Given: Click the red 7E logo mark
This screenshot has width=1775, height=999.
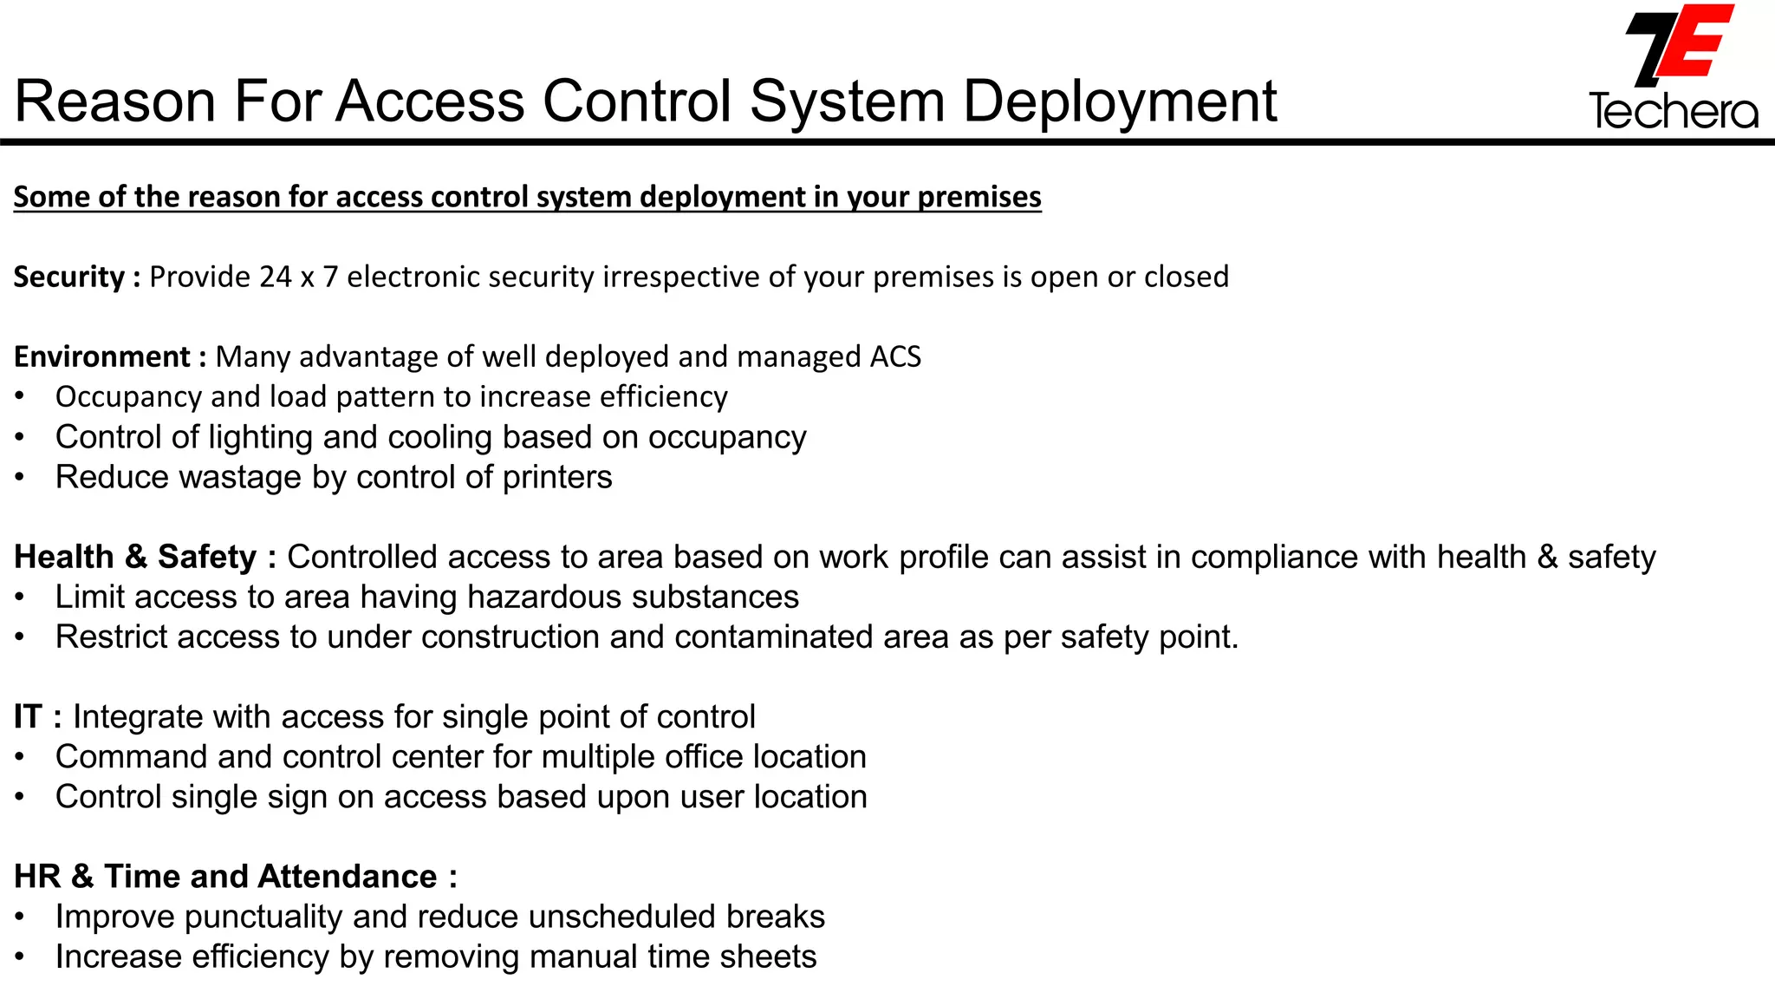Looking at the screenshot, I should [x=1679, y=45].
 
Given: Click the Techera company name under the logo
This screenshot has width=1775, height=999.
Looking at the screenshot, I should [x=1674, y=112].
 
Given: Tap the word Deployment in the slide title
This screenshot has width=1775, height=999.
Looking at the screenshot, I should [x=1120, y=101].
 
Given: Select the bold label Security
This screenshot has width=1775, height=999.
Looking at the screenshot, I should [x=69, y=277].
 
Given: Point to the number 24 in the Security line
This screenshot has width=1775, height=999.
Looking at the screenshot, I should [x=276, y=277].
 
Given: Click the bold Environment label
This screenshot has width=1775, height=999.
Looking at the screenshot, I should [x=102, y=356].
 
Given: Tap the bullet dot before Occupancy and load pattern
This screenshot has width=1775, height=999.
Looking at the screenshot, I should [x=20, y=397].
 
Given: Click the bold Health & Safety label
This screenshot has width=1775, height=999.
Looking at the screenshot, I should [x=135, y=557].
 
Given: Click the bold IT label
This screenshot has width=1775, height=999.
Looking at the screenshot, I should [x=28, y=716].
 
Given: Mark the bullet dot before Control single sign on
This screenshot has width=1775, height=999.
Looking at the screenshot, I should [x=20, y=797].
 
